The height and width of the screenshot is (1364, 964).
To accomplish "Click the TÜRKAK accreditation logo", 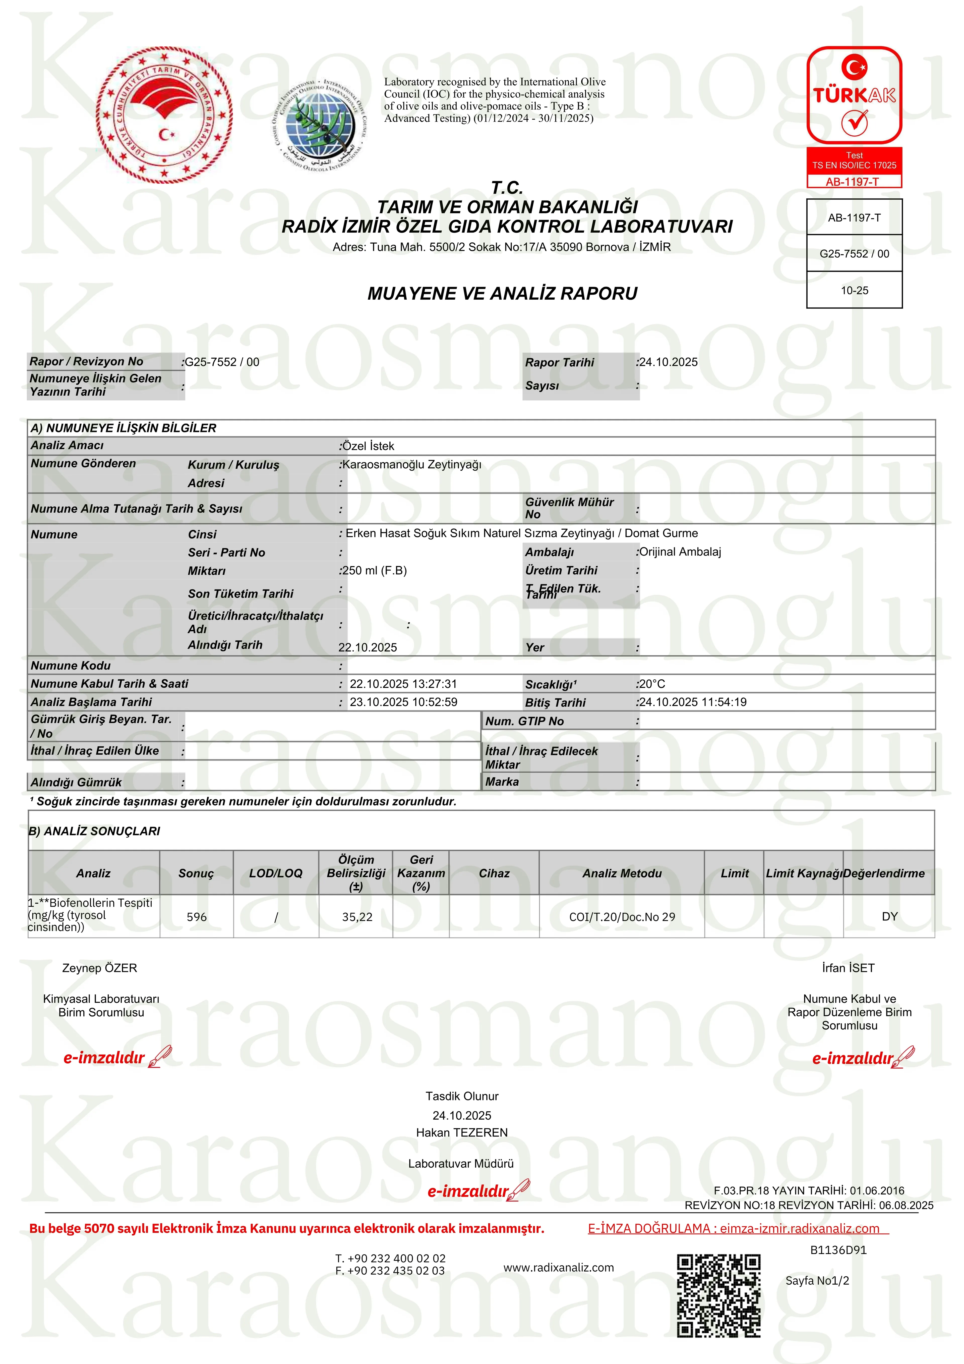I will pyautogui.click(x=854, y=95).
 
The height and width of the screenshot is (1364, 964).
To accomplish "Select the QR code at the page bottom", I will pyautogui.click(x=719, y=1295).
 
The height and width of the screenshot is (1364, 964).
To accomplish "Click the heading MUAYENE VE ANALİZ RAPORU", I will pyautogui.click(x=503, y=294).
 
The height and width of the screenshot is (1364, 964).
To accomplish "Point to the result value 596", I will pyautogui.click(x=197, y=917).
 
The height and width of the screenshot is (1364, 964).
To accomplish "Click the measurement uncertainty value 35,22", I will pyautogui.click(x=357, y=917).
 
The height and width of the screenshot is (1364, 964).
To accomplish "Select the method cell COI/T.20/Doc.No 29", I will pyautogui.click(x=622, y=917).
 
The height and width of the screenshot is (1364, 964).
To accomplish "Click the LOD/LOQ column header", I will pyautogui.click(x=276, y=873).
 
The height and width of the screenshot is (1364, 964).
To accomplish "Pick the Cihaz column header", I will pyautogui.click(x=494, y=873).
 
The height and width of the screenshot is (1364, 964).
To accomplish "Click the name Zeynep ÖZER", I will pyautogui.click(x=100, y=968).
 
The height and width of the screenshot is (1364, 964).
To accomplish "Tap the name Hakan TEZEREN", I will pyautogui.click(x=461, y=1132).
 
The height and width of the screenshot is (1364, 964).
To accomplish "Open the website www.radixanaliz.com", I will pyautogui.click(x=558, y=1267).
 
